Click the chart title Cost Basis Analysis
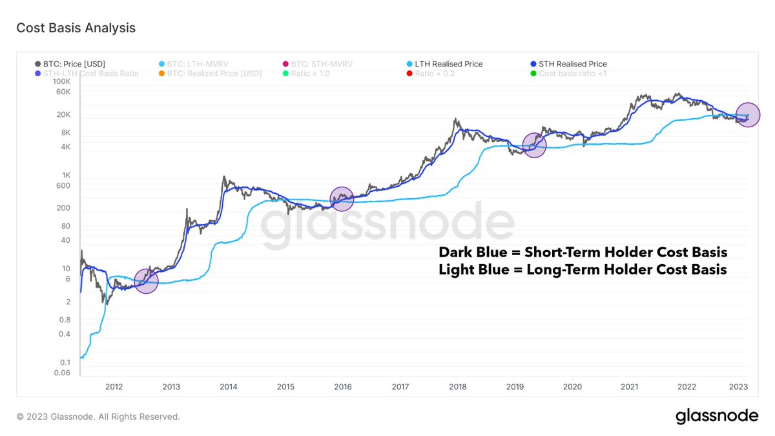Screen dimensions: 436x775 (x=76, y=28)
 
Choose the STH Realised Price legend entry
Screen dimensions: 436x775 (x=572, y=64)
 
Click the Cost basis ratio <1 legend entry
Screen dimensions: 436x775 (x=572, y=74)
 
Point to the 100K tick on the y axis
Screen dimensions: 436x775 (x=61, y=81)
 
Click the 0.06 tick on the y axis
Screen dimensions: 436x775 (x=61, y=373)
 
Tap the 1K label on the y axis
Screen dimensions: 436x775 (x=65, y=175)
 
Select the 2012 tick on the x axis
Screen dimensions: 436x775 (x=114, y=386)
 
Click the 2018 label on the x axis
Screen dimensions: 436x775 (x=457, y=386)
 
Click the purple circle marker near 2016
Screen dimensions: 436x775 (x=342, y=199)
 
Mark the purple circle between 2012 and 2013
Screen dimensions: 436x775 (x=146, y=282)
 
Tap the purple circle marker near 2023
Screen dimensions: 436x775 (x=748, y=115)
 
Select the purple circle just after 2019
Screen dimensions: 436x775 (x=534, y=145)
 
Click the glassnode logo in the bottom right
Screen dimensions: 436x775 (x=717, y=417)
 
